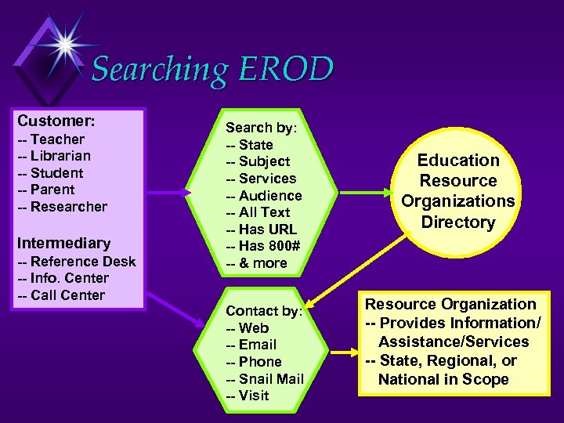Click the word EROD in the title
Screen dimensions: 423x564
(287, 70)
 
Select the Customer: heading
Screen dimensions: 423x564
(56, 121)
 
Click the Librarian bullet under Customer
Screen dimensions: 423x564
(54, 156)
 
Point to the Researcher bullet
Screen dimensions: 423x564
(62, 207)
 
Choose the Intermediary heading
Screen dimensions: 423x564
(63, 243)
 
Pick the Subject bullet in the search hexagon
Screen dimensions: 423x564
(258, 161)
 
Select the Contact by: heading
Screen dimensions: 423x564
(263, 311)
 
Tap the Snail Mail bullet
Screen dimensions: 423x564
(265, 379)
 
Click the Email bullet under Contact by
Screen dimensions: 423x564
(251, 345)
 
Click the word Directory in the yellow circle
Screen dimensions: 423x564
(458, 222)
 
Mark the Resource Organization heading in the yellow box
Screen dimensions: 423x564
(450, 304)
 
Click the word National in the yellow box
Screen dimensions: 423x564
(408, 379)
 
